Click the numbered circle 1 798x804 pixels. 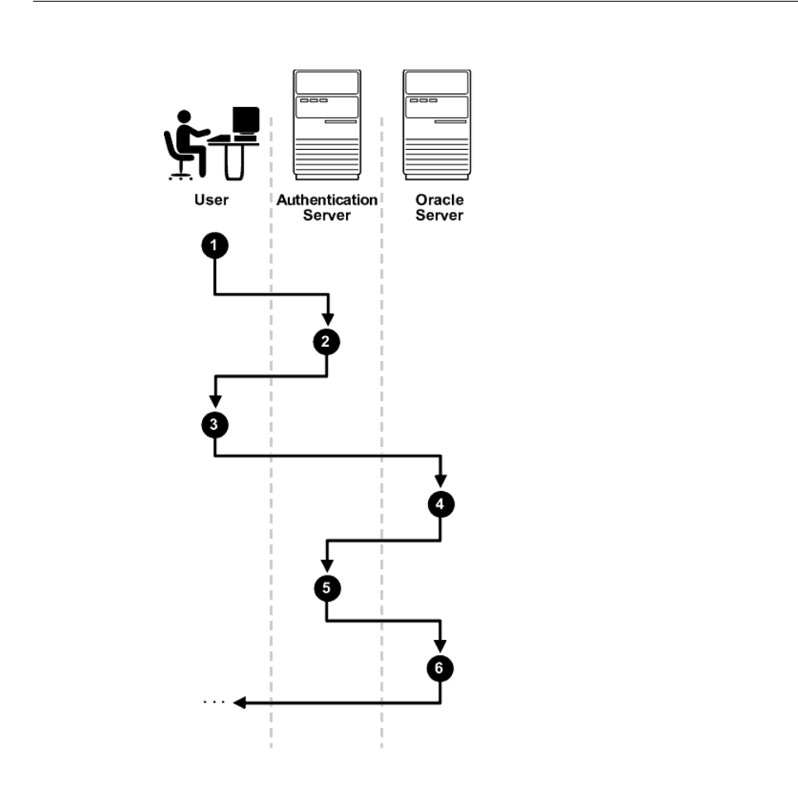215,246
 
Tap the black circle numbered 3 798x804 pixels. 215,425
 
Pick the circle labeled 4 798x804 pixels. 440,503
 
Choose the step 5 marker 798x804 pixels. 327,588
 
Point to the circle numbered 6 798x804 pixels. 440,667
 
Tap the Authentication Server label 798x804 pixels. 327,208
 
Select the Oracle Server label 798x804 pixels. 440,208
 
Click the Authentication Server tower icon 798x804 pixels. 325,124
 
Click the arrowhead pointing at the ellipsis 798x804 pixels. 239,703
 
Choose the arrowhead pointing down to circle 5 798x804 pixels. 328,567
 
